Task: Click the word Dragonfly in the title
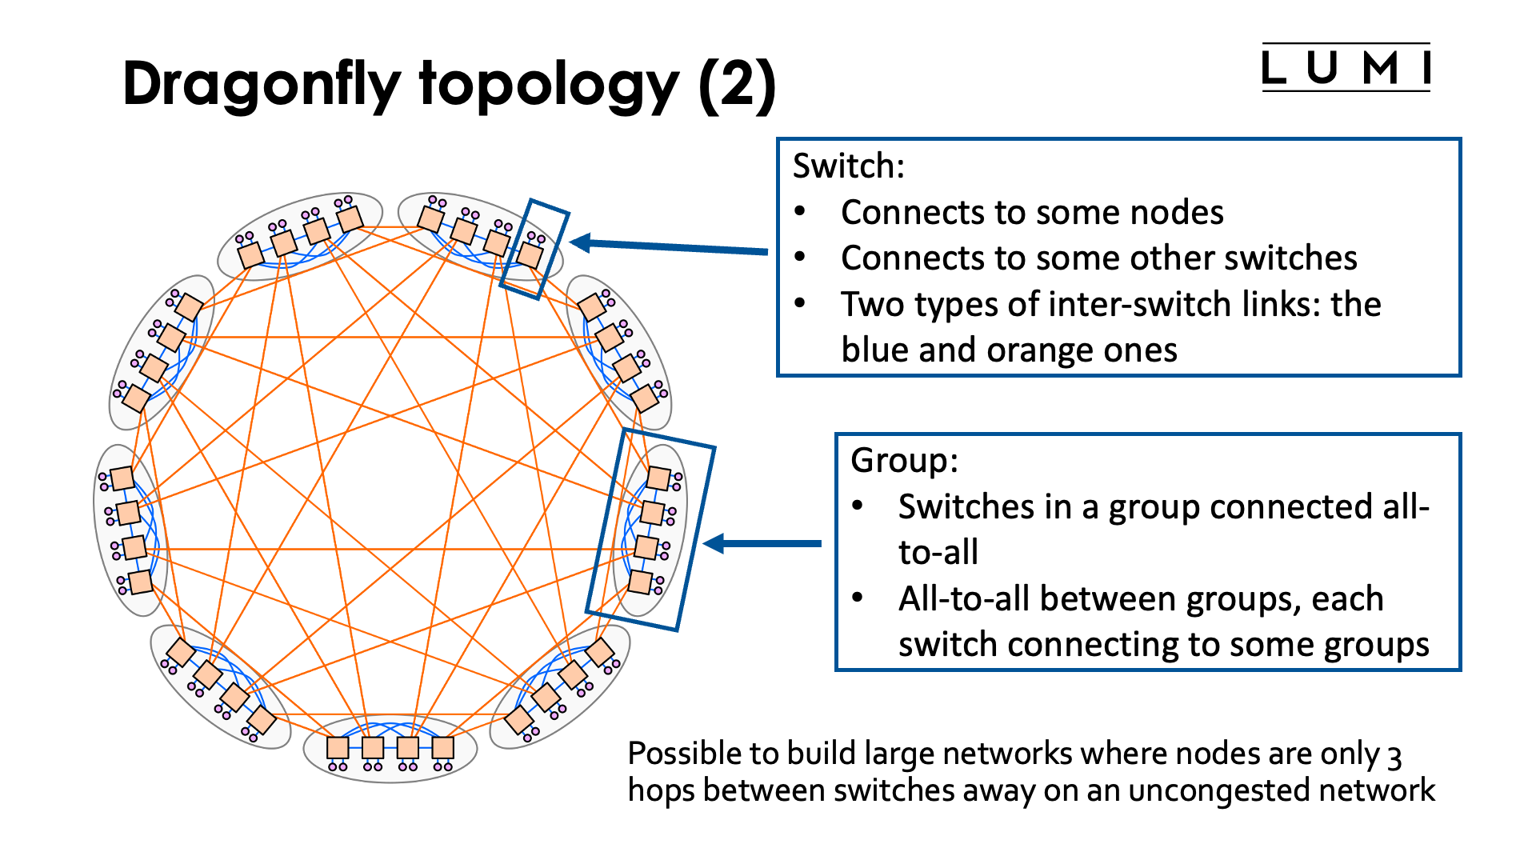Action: [x=262, y=85]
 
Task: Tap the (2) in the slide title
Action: [x=737, y=85]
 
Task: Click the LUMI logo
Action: [x=1346, y=68]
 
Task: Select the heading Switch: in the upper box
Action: [x=849, y=166]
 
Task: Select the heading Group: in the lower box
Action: [x=904, y=461]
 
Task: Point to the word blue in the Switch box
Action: [x=874, y=350]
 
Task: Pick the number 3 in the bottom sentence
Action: [x=1394, y=756]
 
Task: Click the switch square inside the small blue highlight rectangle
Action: [x=530, y=255]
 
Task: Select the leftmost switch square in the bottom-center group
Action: [x=338, y=747]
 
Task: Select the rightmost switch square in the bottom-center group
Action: [x=442, y=747]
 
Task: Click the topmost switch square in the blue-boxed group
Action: [x=658, y=478]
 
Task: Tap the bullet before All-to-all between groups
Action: [x=858, y=598]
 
